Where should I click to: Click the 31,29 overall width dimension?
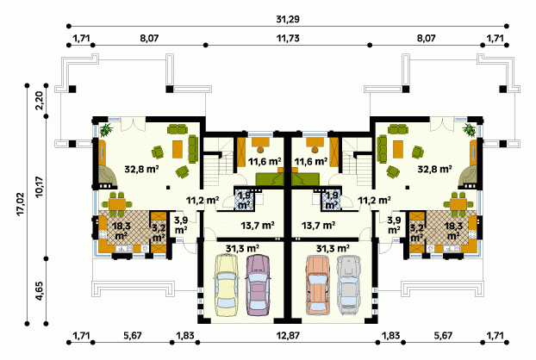click(288, 19)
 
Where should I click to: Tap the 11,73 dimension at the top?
click(288, 38)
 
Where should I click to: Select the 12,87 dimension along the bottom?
click(288, 335)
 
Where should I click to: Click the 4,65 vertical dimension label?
click(40, 291)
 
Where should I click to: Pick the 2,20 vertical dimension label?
click(40, 101)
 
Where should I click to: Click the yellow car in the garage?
click(226, 285)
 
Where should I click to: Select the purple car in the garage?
click(258, 285)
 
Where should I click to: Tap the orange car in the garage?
click(318, 285)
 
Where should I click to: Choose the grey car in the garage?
click(348, 285)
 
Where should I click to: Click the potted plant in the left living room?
click(106, 129)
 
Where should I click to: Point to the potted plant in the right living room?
click(469, 129)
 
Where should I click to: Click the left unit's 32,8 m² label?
click(141, 169)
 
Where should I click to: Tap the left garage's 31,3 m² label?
click(241, 249)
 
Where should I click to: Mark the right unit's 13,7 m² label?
click(318, 226)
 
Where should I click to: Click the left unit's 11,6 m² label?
click(265, 161)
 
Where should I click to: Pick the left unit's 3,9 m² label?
click(180, 226)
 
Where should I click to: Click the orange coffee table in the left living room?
click(177, 149)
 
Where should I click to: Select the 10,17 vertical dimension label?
click(40, 187)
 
